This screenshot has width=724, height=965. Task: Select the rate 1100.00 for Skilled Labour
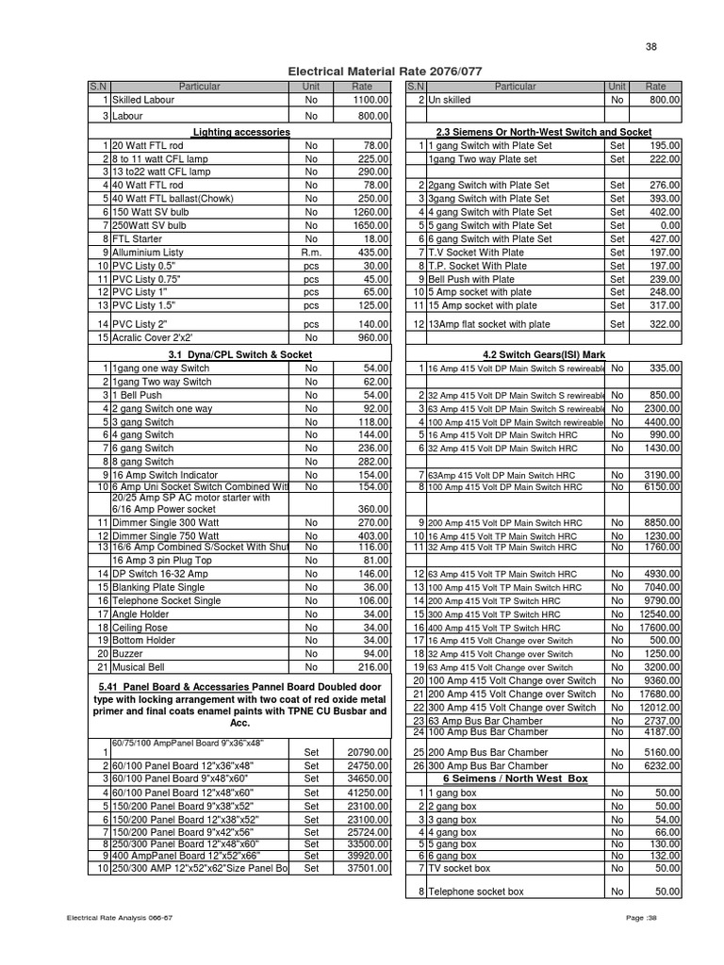click(x=370, y=100)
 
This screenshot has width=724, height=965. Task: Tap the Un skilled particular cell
click(x=448, y=100)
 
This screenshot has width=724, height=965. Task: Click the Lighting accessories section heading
click(x=241, y=133)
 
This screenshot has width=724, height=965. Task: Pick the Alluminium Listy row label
click(x=148, y=253)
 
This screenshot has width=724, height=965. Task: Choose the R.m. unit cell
click(x=311, y=253)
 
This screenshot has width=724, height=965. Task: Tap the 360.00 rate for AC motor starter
click(x=371, y=508)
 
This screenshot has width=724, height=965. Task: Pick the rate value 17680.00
click(x=661, y=694)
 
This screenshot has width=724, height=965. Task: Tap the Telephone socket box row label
click(x=476, y=891)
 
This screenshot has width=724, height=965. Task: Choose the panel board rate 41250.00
click(x=368, y=793)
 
